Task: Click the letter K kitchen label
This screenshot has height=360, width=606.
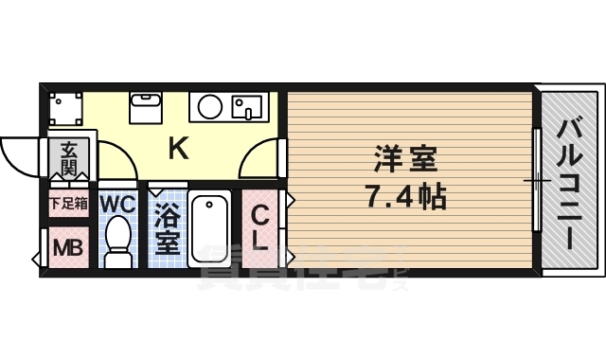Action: click(176, 147)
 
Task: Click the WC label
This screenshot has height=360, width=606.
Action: click(118, 203)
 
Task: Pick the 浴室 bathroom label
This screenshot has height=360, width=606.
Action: click(168, 228)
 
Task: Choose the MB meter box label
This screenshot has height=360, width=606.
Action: click(66, 248)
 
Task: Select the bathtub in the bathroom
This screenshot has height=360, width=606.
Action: click(209, 228)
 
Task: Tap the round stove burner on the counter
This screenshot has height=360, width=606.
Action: click(206, 105)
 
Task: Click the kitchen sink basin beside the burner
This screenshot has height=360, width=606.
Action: click(248, 105)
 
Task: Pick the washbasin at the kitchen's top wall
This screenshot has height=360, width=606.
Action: click(146, 106)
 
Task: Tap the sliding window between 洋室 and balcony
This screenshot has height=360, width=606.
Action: click(536, 180)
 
